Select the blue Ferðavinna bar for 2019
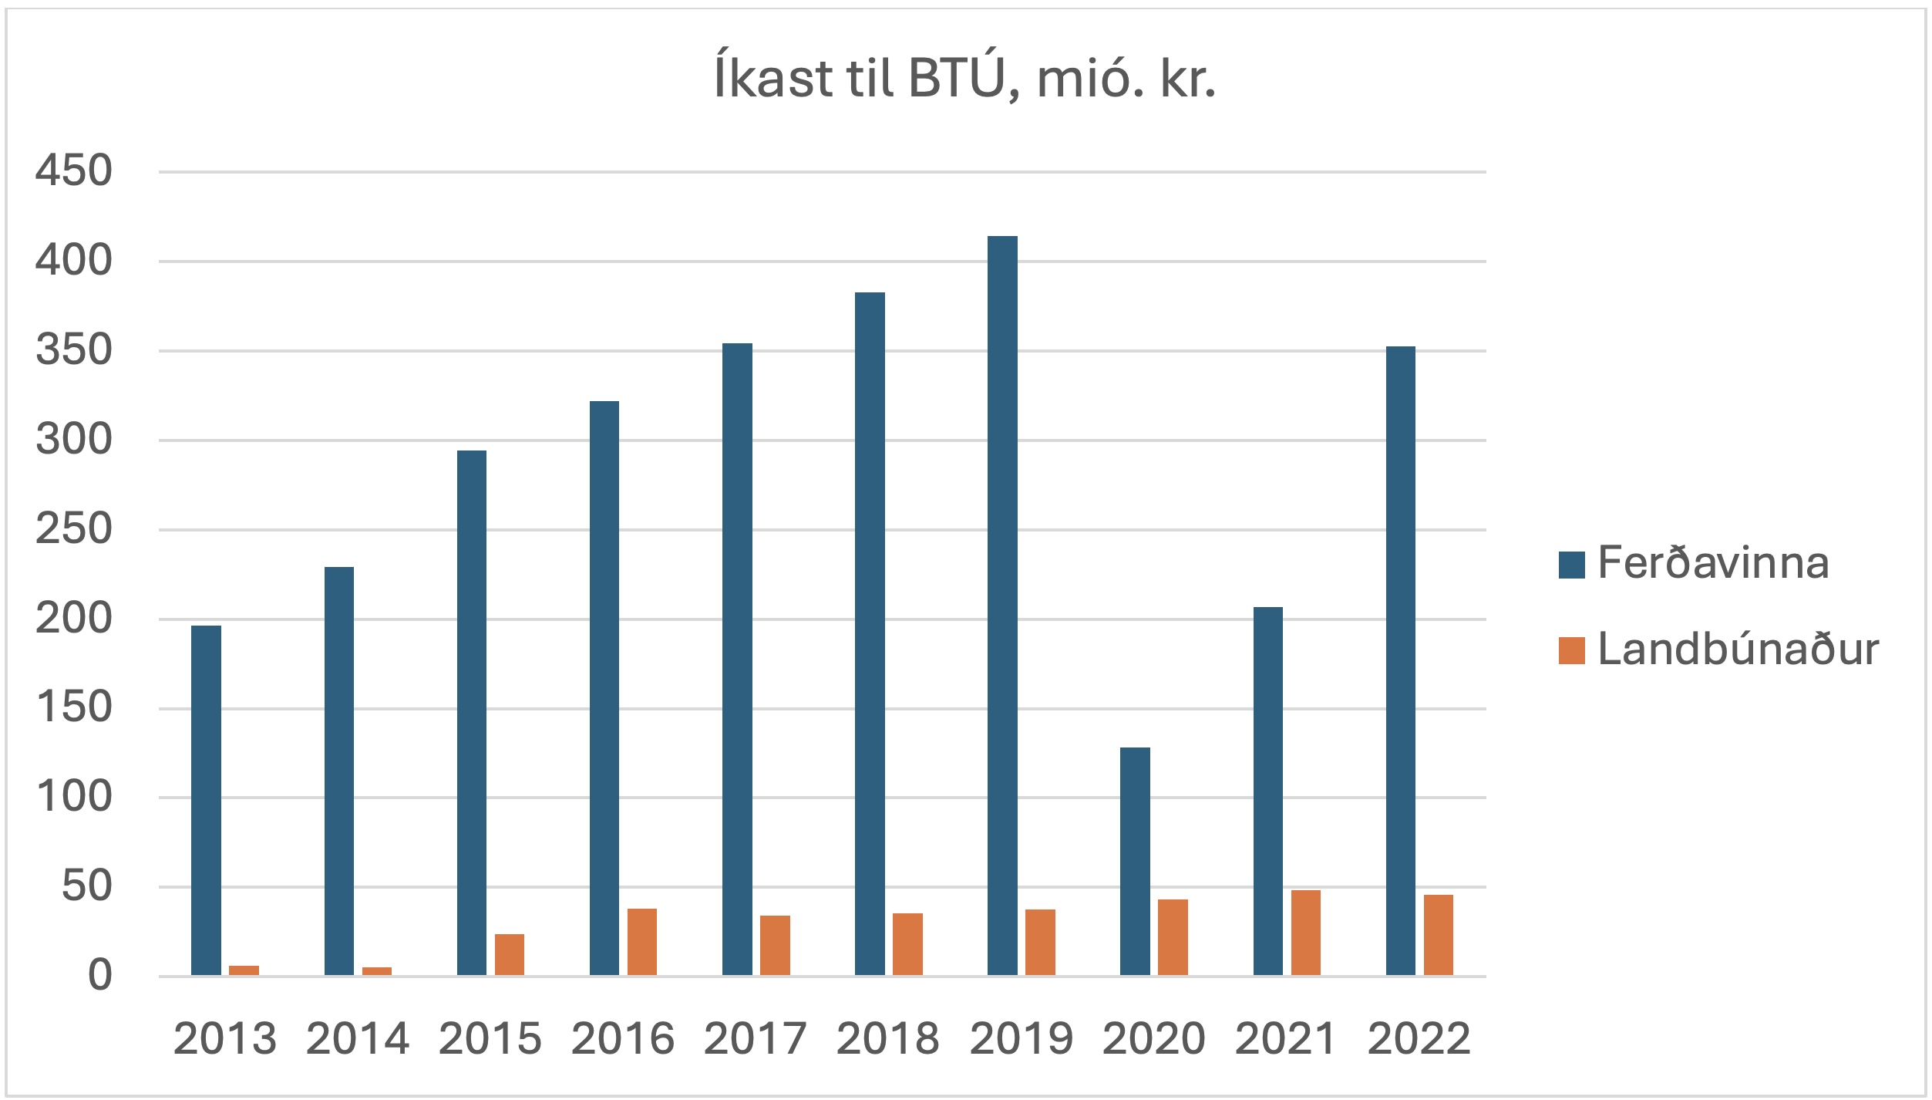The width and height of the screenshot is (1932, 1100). tap(1002, 606)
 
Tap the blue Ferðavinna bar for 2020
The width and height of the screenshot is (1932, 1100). tap(1135, 862)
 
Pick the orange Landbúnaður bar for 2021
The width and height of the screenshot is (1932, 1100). tap(1306, 933)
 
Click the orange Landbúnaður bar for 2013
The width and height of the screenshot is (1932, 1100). tap(244, 970)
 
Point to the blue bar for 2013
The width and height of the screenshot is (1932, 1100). tap(206, 801)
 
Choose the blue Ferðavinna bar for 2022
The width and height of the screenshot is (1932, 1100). tap(1401, 661)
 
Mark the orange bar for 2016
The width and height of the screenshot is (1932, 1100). tap(642, 942)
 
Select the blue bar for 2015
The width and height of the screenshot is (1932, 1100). tap(472, 713)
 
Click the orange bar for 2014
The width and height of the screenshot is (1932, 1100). tap(377, 971)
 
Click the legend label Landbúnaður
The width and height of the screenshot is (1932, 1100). tap(1738, 650)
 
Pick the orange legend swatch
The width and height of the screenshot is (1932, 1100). tap(1572, 650)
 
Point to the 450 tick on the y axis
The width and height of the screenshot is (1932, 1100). tap(74, 170)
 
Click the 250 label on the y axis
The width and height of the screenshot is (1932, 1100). tap(74, 529)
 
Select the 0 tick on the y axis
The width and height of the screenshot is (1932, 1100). tap(100, 976)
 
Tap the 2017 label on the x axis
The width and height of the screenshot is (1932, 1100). tap(755, 1038)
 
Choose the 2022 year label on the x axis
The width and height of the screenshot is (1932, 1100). tap(1419, 1038)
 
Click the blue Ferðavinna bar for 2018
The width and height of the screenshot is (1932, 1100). tap(870, 634)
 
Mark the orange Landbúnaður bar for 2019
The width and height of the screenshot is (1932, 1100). tap(1040, 943)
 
